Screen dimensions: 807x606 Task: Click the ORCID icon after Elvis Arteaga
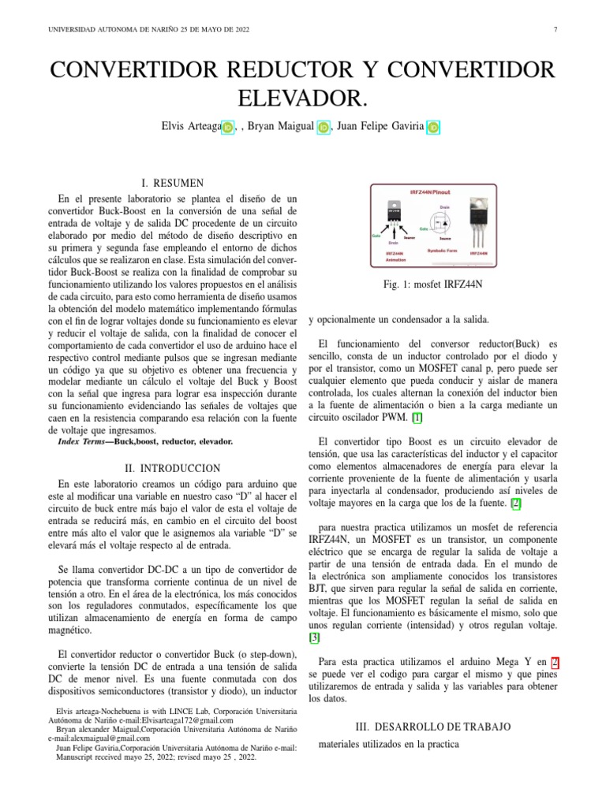point(228,127)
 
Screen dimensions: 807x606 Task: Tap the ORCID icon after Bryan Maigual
point(324,127)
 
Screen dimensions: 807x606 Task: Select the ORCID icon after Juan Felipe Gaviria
point(433,127)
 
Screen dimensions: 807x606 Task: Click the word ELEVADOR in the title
point(302,99)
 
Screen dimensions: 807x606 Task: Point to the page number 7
point(555,30)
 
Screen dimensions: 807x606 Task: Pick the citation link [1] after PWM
point(417,417)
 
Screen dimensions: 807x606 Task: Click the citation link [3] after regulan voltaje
point(313,638)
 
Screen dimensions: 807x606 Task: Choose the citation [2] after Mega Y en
point(555,663)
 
